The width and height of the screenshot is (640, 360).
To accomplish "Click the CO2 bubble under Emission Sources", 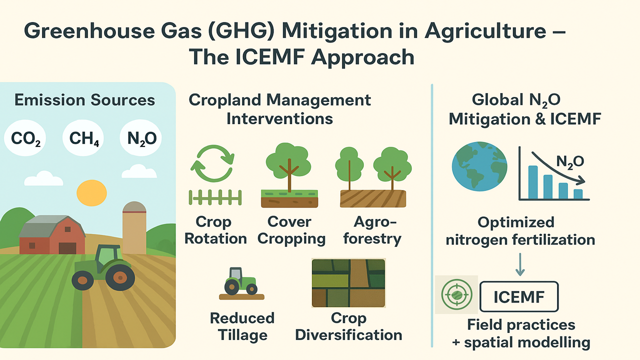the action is (25, 138).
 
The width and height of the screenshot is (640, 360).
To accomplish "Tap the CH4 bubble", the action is (83, 138).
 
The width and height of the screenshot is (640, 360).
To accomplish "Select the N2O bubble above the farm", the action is (141, 138).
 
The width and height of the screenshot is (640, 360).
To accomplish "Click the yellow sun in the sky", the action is (91, 193).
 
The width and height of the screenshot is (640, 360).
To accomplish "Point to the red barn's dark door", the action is (67, 248).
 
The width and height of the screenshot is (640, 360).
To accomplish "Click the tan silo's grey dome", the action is (134, 207).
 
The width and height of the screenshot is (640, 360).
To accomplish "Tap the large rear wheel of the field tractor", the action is (120, 277).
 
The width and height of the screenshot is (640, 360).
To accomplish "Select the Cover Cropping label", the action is (291, 230).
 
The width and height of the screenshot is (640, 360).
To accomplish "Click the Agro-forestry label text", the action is (372, 230).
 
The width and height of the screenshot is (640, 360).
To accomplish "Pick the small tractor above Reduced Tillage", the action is (241, 283).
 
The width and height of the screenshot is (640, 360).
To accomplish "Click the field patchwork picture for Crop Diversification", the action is (348, 283).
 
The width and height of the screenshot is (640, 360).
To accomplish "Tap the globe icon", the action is (479, 166).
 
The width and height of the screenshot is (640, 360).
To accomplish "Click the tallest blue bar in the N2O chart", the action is (533, 182).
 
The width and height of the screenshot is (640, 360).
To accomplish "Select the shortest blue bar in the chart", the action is (578, 193).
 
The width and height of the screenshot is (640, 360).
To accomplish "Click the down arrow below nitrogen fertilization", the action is (520, 264).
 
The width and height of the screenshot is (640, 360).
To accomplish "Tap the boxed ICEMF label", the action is (519, 296).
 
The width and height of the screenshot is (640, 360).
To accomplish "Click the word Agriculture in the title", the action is (485, 31).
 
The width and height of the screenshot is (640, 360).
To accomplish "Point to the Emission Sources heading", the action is (84, 100).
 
